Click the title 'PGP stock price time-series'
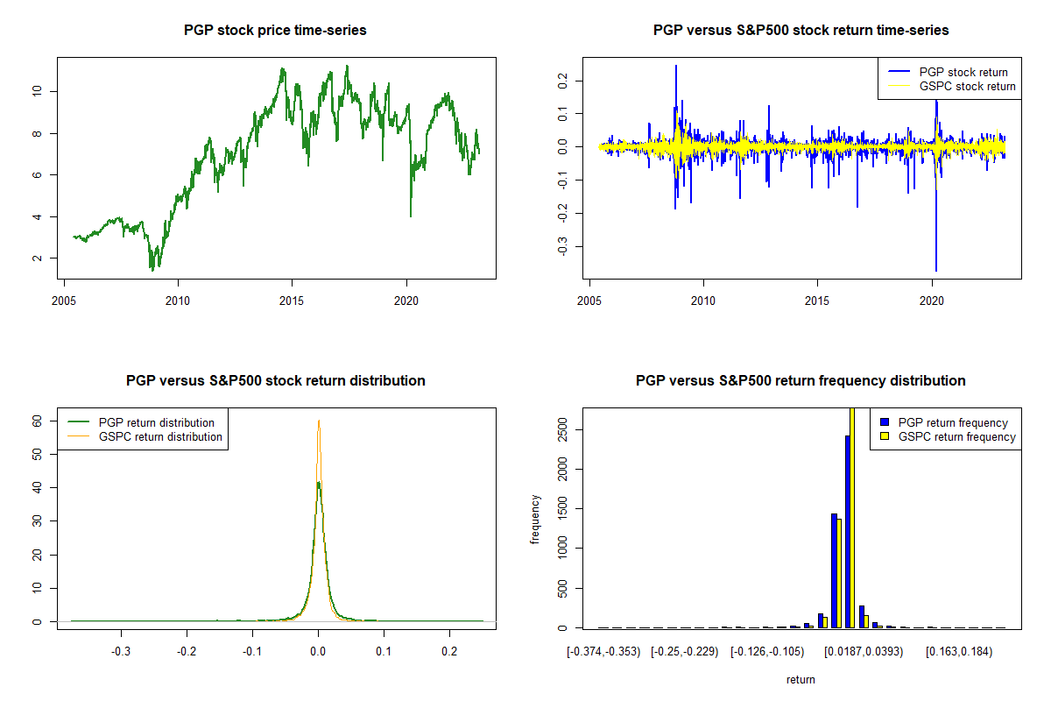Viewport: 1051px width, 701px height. click(275, 31)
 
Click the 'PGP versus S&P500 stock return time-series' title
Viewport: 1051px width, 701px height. click(801, 31)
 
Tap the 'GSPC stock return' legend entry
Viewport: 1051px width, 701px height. click(967, 86)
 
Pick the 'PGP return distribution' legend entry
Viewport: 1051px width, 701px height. click(157, 422)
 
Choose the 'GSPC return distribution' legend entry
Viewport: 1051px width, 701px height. click(160, 436)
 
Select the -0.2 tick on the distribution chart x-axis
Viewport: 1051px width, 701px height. click(187, 651)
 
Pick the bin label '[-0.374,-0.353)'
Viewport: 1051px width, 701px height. click(603, 651)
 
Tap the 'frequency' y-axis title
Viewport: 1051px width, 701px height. click(535, 520)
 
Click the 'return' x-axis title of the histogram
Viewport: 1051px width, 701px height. click(801, 679)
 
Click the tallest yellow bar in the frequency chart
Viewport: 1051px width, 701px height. click(852, 517)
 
